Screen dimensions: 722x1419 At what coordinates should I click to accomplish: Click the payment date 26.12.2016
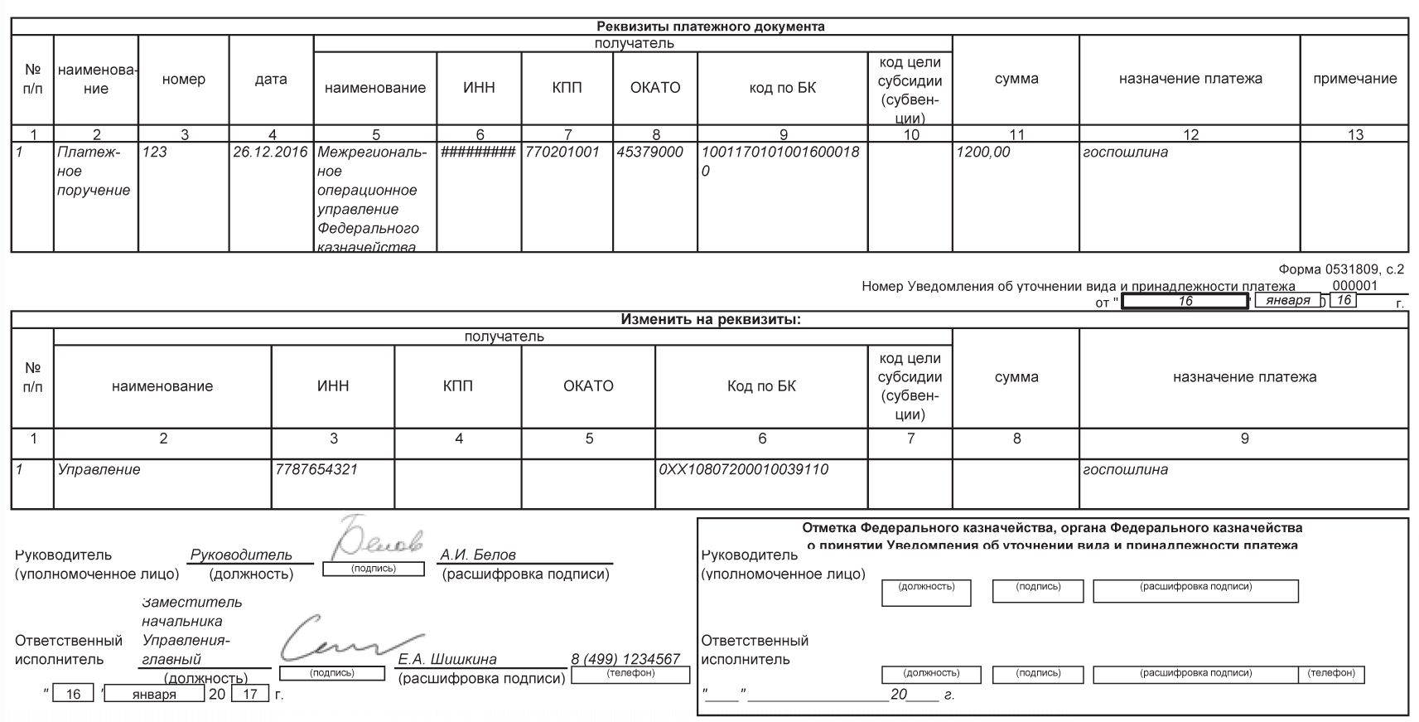pos(270,153)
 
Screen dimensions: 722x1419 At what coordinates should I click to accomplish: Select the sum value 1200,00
pos(983,153)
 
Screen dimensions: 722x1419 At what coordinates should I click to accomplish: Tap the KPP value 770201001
pos(562,153)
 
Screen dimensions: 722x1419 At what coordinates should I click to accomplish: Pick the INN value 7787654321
pos(316,469)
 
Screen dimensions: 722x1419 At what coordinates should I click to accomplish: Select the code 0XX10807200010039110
pos(744,469)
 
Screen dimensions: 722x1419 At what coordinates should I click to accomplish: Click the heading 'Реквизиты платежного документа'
pos(710,27)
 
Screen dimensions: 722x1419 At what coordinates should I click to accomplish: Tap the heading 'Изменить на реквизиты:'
pos(710,320)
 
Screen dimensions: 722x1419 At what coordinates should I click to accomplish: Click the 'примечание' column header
pos(1354,80)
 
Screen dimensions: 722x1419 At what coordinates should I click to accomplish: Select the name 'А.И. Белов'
pos(478,555)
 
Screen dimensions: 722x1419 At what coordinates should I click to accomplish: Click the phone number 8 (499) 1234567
pos(625,659)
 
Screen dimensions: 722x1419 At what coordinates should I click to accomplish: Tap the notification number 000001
pos(1354,286)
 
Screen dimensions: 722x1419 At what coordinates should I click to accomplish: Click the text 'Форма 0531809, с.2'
pos(1341,269)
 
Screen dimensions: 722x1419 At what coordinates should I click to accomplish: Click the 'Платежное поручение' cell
pos(94,172)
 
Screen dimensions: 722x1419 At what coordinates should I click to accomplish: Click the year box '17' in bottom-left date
pos(250,694)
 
